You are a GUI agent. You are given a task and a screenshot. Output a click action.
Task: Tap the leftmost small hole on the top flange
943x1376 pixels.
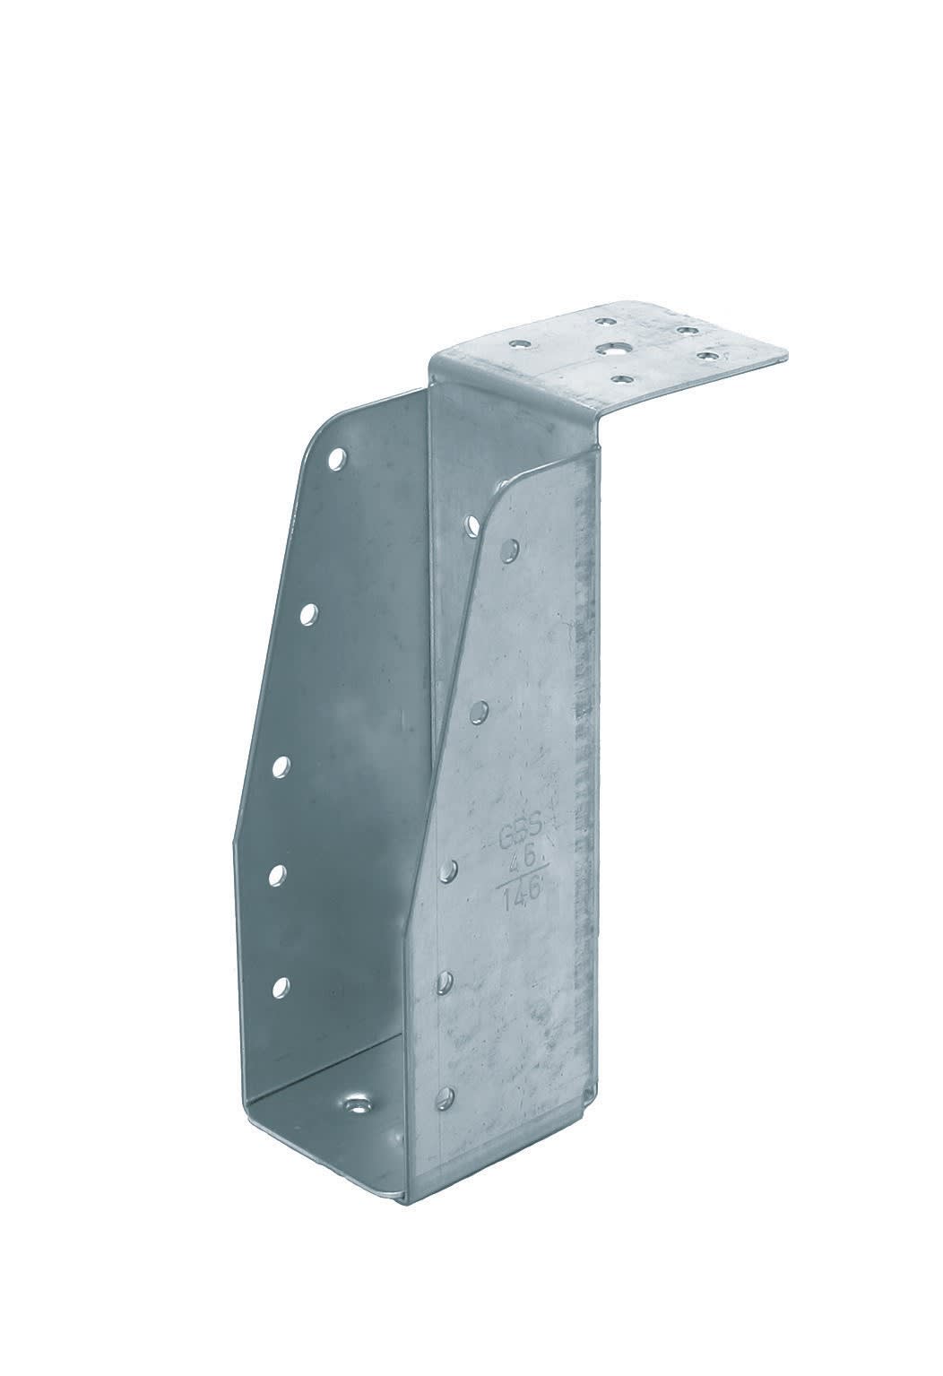(518, 342)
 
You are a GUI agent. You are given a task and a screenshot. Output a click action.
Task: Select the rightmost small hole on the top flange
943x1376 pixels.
(709, 356)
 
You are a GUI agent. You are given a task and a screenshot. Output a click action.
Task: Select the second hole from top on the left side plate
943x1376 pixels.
(309, 614)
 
